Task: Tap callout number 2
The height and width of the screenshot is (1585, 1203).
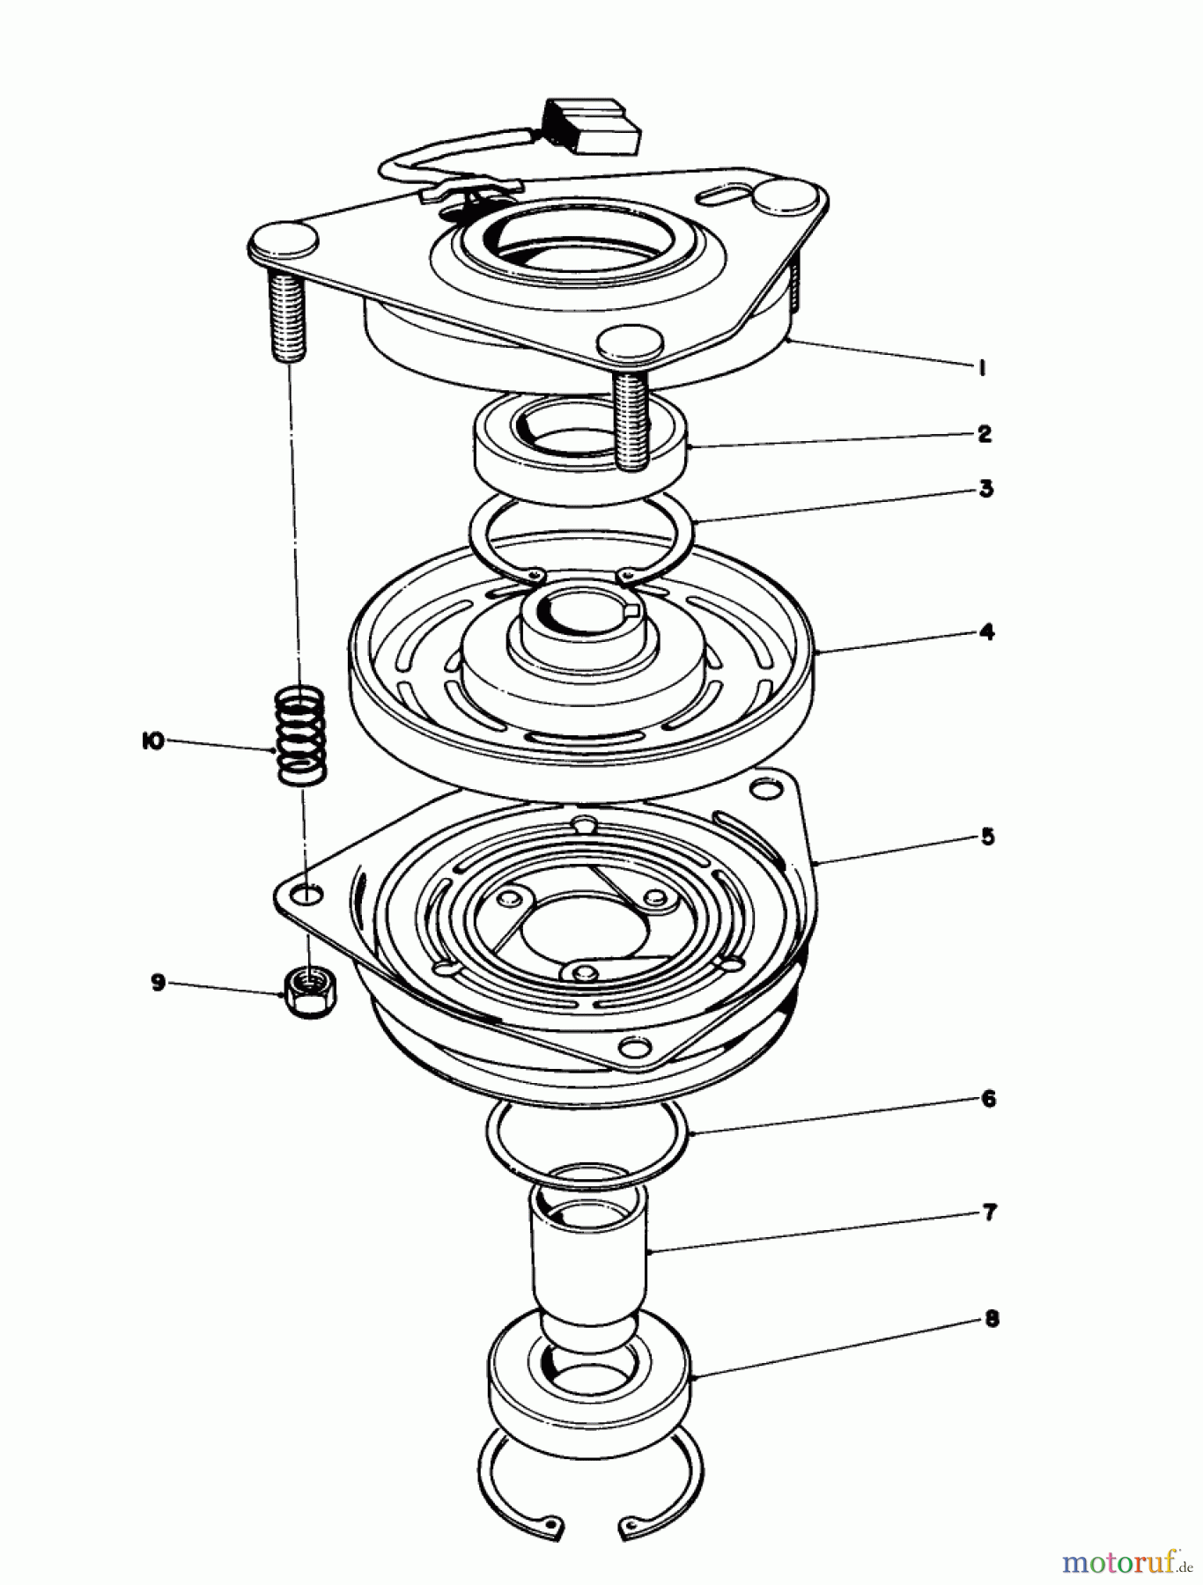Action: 985,433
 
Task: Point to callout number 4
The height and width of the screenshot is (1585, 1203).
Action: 986,631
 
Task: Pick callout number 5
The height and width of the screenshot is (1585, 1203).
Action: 987,836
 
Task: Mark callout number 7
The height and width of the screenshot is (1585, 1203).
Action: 989,1213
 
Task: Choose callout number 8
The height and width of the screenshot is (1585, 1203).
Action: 992,1319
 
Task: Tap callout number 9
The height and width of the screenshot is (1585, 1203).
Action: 159,981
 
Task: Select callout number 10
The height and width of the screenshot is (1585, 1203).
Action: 152,741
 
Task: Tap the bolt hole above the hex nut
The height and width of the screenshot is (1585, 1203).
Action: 306,895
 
